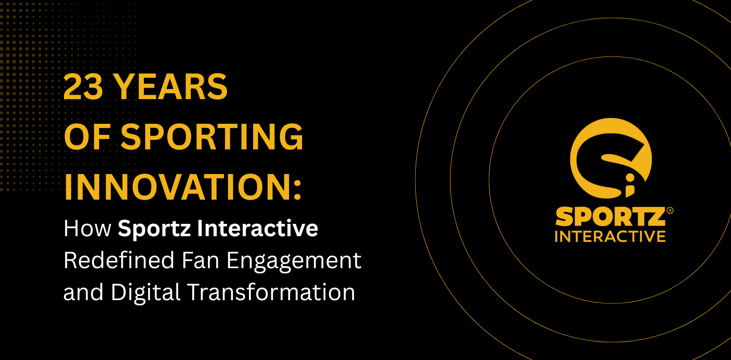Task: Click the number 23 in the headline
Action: [83, 86]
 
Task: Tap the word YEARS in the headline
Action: [172, 86]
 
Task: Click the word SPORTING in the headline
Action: [212, 137]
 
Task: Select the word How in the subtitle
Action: [87, 228]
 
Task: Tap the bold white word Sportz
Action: [154, 229]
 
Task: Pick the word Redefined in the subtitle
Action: [119, 260]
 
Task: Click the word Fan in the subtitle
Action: [201, 260]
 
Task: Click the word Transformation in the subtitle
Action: [271, 291]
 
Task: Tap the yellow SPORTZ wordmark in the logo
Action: [610, 217]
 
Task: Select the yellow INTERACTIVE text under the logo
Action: [610, 237]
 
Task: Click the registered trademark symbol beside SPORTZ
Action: [670, 211]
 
